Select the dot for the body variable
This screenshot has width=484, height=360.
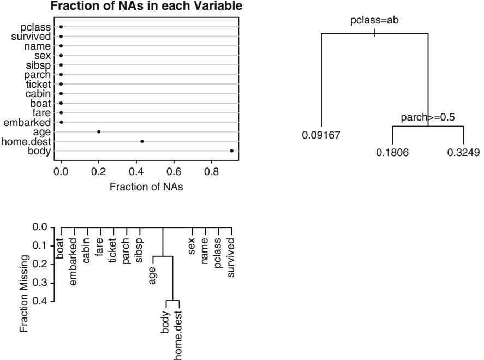click(x=232, y=151)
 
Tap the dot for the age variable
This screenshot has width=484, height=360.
click(x=99, y=131)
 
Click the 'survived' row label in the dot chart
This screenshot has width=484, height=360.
click(x=31, y=37)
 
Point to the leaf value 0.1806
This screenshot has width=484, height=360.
click(x=392, y=152)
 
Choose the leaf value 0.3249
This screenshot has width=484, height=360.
click(x=463, y=152)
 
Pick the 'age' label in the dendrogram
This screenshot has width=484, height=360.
click(x=153, y=271)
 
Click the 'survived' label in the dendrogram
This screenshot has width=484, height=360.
click(x=231, y=256)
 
